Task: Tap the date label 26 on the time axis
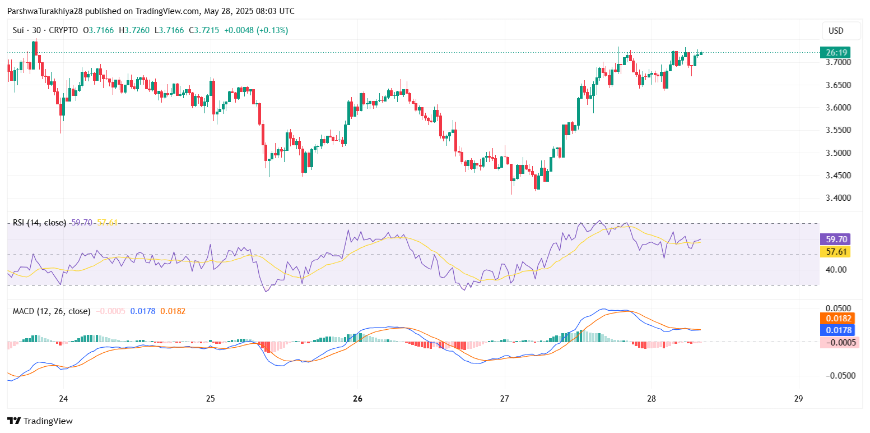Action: pos(358,399)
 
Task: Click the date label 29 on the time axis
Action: pos(799,399)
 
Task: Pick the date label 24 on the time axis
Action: pos(63,399)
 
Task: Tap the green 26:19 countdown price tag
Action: pos(835,53)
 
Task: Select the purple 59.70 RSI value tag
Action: pos(835,239)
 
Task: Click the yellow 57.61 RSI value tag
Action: pos(835,251)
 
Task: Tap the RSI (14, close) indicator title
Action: pos(39,223)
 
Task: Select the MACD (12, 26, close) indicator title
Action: pos(52,311)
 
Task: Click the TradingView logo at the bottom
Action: pos(40,421)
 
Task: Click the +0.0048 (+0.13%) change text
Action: pos(255,30)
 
